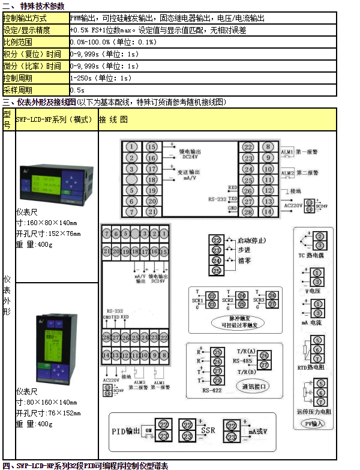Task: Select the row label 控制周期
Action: click(x=17, y=78)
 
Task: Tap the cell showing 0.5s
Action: click(x=77, y=90)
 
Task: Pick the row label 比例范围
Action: click(x=17, y=42)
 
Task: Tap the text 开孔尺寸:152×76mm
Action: click(x=48, y=233)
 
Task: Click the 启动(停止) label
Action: click(x=255, y=241)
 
